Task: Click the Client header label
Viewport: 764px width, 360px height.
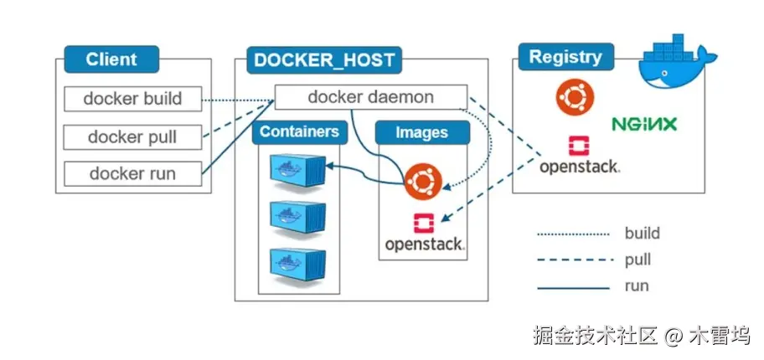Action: click(x=111, y=60)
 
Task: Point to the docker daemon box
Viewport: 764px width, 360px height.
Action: click(x=370, y=97)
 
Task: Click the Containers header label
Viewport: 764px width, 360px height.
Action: click(x=299, y=132)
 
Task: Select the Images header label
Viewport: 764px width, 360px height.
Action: click(x=421, y=133)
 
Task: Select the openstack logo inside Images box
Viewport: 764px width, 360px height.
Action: click(x=424, y=234)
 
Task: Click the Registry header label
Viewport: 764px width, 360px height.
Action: click(x=565, y=58)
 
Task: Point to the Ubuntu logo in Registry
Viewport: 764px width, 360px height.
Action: click(x=576, y=97)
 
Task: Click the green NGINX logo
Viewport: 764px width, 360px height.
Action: click(x=644, y=125)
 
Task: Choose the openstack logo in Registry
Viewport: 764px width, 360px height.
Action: click(x=579, y=156)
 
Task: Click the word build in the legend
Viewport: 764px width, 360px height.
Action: click(x=643, y=234)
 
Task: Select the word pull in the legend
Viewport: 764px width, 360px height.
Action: click(x=638, y=260)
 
